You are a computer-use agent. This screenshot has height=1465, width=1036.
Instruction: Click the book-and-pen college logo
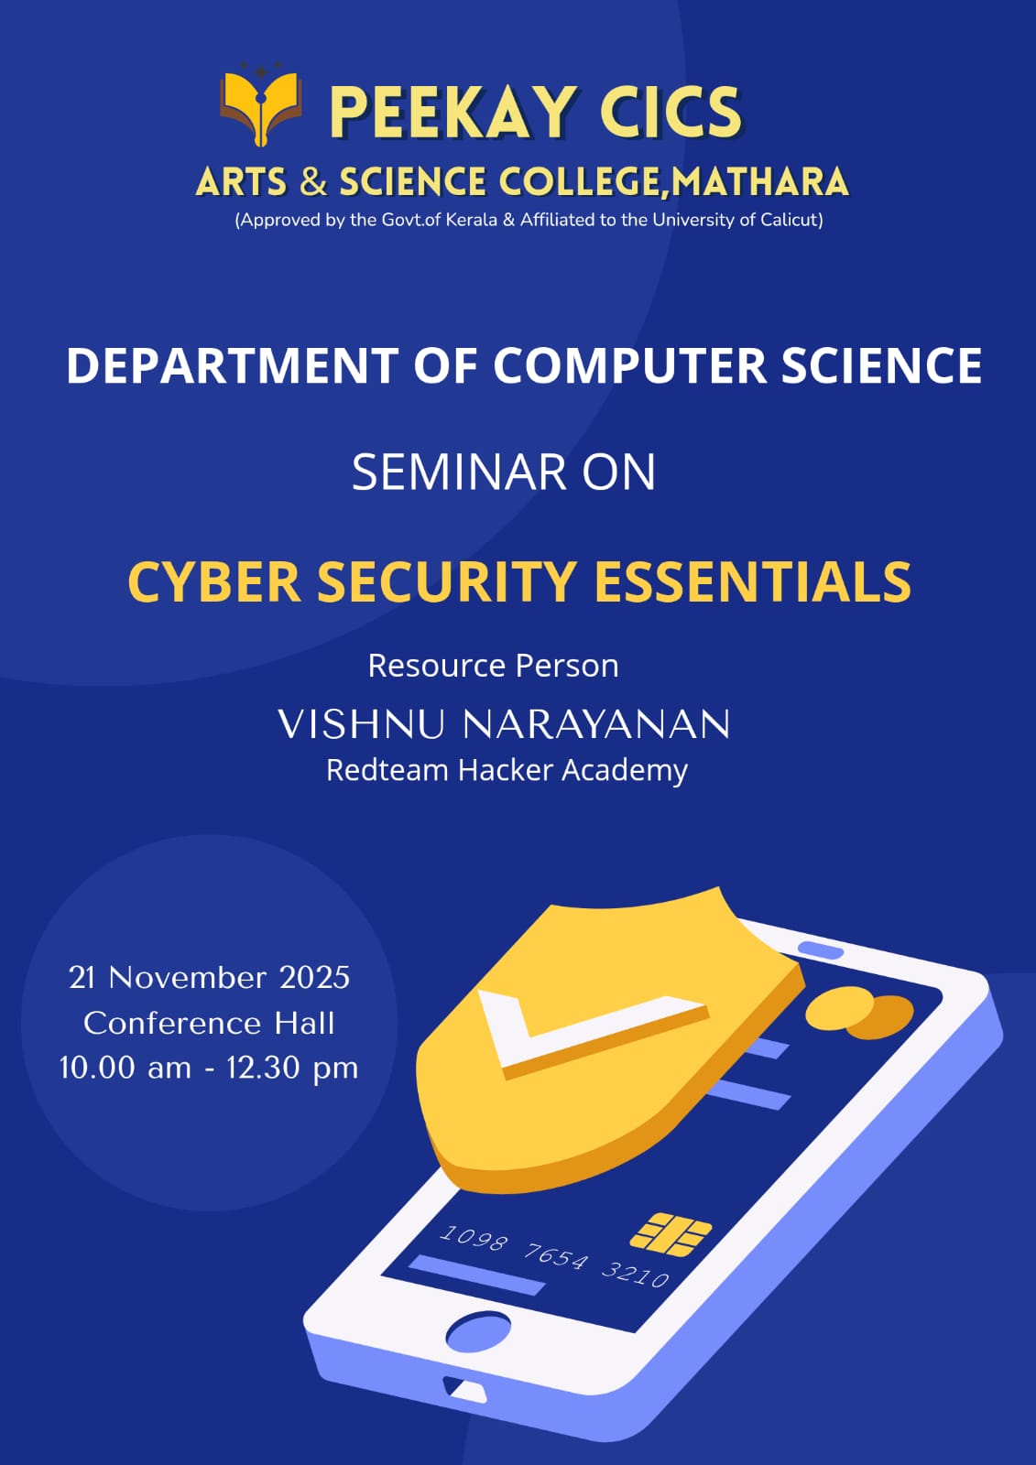[260, 104]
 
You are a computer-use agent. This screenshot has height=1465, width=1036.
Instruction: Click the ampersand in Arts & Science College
[313, 181]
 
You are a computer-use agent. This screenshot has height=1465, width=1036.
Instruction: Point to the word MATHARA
[759, 181]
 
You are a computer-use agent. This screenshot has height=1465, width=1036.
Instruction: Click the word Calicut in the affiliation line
[791, 220]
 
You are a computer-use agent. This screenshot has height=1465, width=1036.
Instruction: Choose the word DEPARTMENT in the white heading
[233, 365]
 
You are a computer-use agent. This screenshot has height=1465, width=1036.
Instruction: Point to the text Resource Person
[494, 666]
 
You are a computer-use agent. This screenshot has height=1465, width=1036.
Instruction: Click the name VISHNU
[362, 724]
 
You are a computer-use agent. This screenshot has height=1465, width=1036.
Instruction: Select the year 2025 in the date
[315, 978]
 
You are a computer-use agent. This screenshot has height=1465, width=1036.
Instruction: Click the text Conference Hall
[209, 1024]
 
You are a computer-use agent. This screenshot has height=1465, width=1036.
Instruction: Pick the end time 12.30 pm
[292, 1069]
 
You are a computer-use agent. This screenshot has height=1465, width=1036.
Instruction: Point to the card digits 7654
[556, 1255]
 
